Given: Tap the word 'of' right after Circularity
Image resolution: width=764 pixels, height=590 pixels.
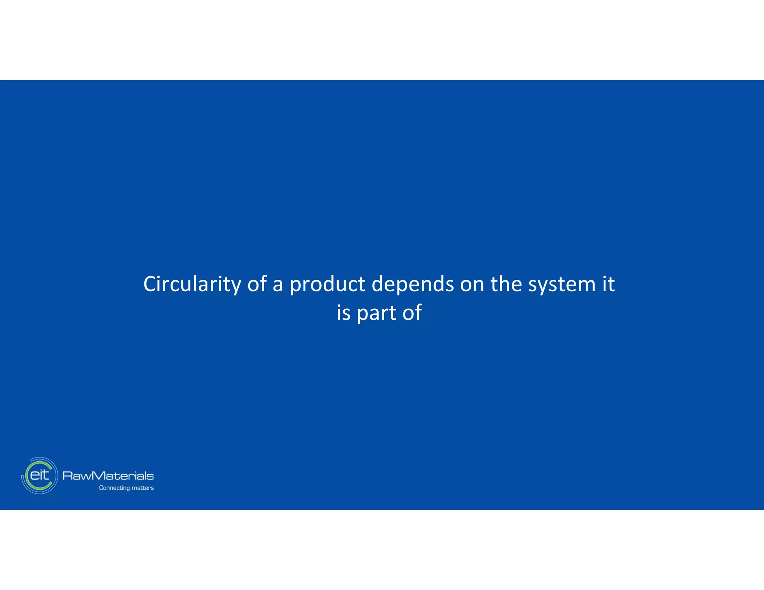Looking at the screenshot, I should pos(257,284).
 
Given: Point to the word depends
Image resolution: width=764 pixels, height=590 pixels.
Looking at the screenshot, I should pos(413,284).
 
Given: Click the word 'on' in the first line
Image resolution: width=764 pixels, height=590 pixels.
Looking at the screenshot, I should pos(472,284).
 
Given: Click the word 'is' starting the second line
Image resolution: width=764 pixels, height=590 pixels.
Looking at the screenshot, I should pos(343,313).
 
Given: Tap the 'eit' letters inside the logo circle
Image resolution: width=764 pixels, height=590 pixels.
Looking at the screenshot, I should pos(39,475).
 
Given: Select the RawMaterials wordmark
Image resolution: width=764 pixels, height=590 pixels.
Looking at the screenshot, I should pos(108,476).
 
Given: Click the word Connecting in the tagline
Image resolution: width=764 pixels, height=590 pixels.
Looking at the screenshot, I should pos(114,488).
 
